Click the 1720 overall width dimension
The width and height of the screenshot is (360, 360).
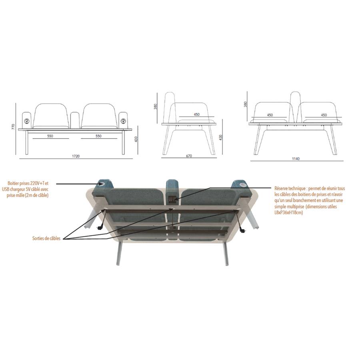coord(76,156)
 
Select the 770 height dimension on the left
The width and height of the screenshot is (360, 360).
coord(13,127)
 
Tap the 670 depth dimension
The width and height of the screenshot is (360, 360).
coord(189,156)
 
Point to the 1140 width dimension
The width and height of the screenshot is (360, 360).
coord(296,159)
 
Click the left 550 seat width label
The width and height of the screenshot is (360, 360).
coord(50,136)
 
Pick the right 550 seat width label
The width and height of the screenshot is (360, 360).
coord(98,136)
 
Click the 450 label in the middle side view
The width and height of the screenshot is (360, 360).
coord(196,114)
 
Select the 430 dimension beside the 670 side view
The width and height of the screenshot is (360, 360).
coord(221,138)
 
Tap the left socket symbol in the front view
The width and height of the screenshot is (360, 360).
coord(27,120)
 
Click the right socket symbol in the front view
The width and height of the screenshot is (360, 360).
coord(123,120)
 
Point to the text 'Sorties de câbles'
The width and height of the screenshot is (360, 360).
coord(46,238)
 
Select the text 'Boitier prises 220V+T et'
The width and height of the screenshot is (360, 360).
coord(28,184)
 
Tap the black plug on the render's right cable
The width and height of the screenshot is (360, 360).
coord(242,231)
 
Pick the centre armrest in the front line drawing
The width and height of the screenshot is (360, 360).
coord(75,120)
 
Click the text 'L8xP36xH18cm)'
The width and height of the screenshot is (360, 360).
coord(288,213)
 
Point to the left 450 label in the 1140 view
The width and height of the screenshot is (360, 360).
coord(270,115)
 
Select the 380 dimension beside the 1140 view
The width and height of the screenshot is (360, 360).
coord(246,104)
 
